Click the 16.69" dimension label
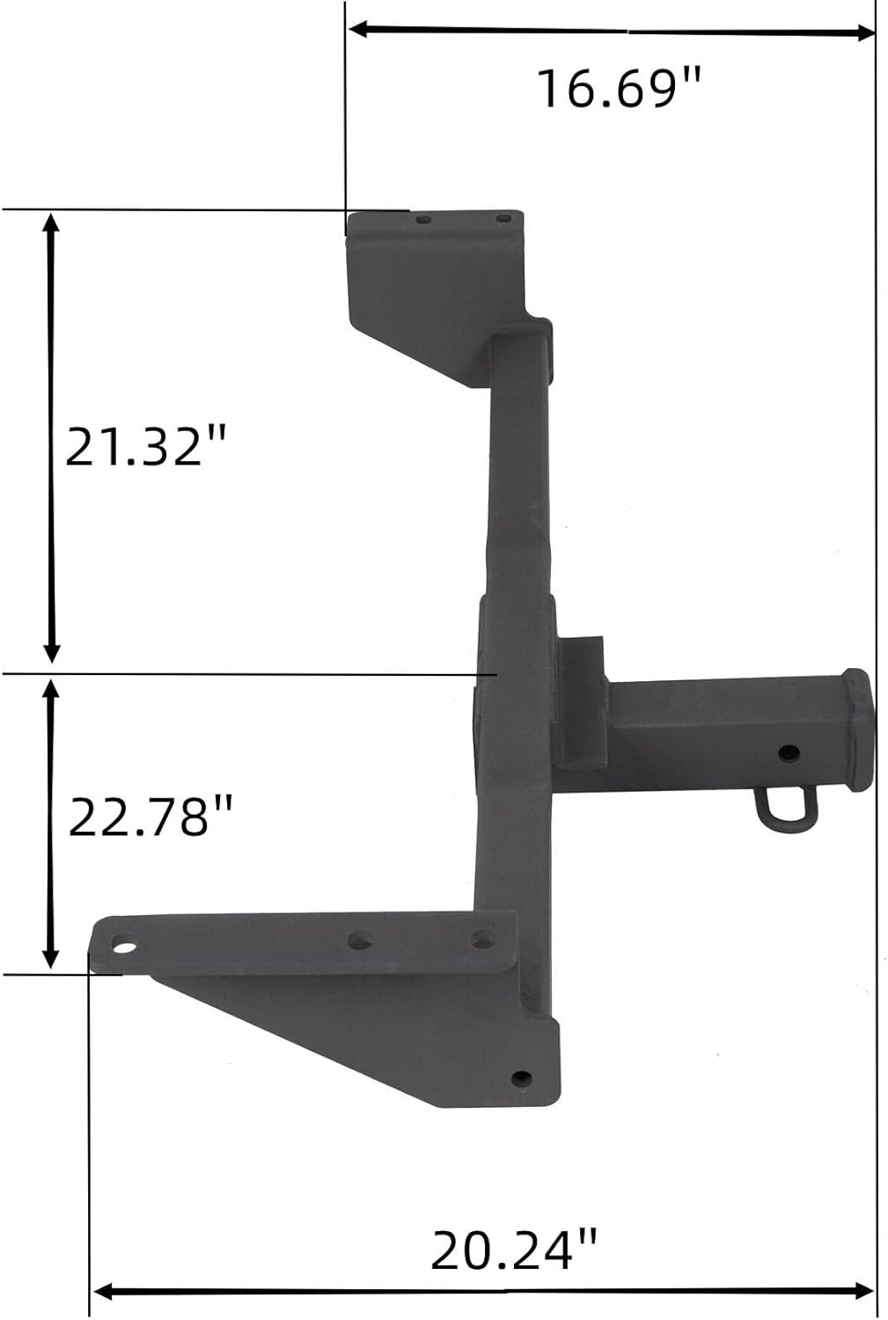pos(619,88)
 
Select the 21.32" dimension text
pos(146,446)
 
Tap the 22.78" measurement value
pos(150,817)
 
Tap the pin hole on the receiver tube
pos(789,752)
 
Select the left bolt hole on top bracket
pos(423,217)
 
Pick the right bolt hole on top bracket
pos(503,218)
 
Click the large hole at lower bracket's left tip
pos(124,949)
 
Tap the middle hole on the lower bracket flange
pos(359,941)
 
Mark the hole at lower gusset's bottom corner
pos(522,1077)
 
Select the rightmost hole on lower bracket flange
pos(481,939)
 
